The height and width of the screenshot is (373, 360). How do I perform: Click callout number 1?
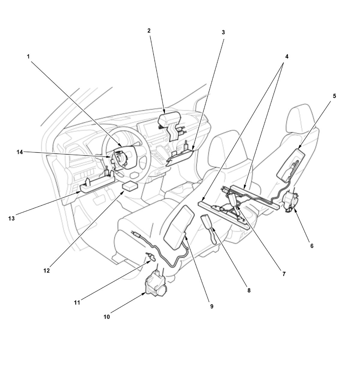tap(28, 56)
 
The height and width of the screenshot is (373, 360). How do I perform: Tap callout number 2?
tap(149, 30)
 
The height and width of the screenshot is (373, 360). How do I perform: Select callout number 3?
tap(223, 32)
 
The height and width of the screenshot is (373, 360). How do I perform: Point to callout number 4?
tap(286, 56)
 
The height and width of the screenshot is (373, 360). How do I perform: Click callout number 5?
tap(334, 96)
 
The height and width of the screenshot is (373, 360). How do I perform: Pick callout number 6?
tap(312, 246)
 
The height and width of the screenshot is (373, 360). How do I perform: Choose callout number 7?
tap(284, 274)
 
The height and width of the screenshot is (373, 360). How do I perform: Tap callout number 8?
tap(249, 290)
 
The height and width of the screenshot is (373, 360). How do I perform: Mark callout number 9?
tap(212, 307)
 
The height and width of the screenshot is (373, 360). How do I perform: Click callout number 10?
tap(107, 317)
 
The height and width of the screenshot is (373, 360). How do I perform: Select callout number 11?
tap(77, 303)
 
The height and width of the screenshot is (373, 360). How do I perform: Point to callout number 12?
tap(46, 271)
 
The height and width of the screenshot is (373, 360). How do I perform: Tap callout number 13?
tap(11, 218)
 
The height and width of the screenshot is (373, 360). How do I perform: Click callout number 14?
tap(20, 152)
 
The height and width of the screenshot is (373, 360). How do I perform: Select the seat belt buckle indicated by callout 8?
tap(209, 229)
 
